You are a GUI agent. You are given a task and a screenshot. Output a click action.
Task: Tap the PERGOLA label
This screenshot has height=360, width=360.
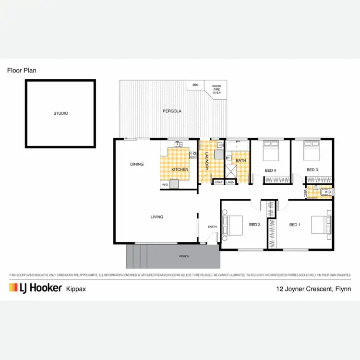[x=171, y=111]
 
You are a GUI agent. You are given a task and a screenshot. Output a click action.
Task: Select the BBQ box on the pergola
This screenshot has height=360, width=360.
[x=195, y=85]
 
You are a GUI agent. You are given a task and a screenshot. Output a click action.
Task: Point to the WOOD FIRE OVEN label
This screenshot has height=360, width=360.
[x=216, y=89]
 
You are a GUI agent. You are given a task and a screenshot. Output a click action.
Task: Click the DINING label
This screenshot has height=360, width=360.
[x=137, y=164]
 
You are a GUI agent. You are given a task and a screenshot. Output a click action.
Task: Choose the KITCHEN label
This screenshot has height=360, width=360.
[x=180, y=169]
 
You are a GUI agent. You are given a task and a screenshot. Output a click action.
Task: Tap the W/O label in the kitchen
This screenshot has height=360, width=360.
[x=165, y=184]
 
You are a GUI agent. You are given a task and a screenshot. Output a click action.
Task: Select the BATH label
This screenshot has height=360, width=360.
[x=241, y=161]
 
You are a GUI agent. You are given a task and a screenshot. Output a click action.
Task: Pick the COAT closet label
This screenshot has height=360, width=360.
[x=218, y=182]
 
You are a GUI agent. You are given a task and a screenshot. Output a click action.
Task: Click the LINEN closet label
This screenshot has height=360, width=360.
[x=230, y=182]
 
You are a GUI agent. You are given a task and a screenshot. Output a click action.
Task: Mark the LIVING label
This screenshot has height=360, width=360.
[x=157, y=217]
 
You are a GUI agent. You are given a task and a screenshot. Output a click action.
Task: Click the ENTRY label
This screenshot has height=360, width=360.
[x=212, y=227]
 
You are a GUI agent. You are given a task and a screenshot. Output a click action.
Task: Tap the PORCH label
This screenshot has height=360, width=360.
[x=184, y=256]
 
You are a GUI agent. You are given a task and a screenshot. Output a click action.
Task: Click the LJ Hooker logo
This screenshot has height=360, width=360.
[x=35, y=288]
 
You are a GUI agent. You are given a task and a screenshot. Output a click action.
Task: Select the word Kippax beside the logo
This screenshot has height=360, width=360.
[x=77, y=289]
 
